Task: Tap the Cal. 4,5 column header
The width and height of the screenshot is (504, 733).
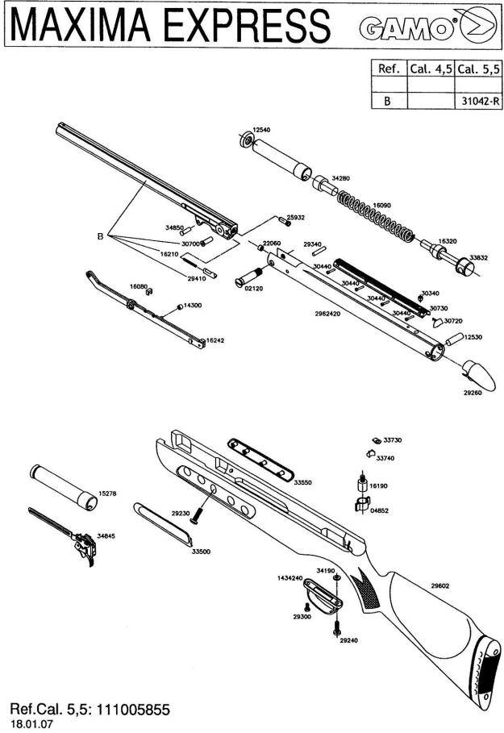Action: click(x=431, y=69)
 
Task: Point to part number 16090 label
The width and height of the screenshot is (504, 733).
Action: click(x=381, y=206)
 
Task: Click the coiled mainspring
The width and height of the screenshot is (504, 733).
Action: click(x=375, y=216)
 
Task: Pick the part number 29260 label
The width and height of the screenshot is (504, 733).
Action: click(x=472, y=393)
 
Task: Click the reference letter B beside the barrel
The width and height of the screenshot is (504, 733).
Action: click(x=100, y=236)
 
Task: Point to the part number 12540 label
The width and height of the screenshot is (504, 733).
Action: click(x=261, y=129)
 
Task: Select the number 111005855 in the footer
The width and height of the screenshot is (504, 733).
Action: click(x=128, y=710)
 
